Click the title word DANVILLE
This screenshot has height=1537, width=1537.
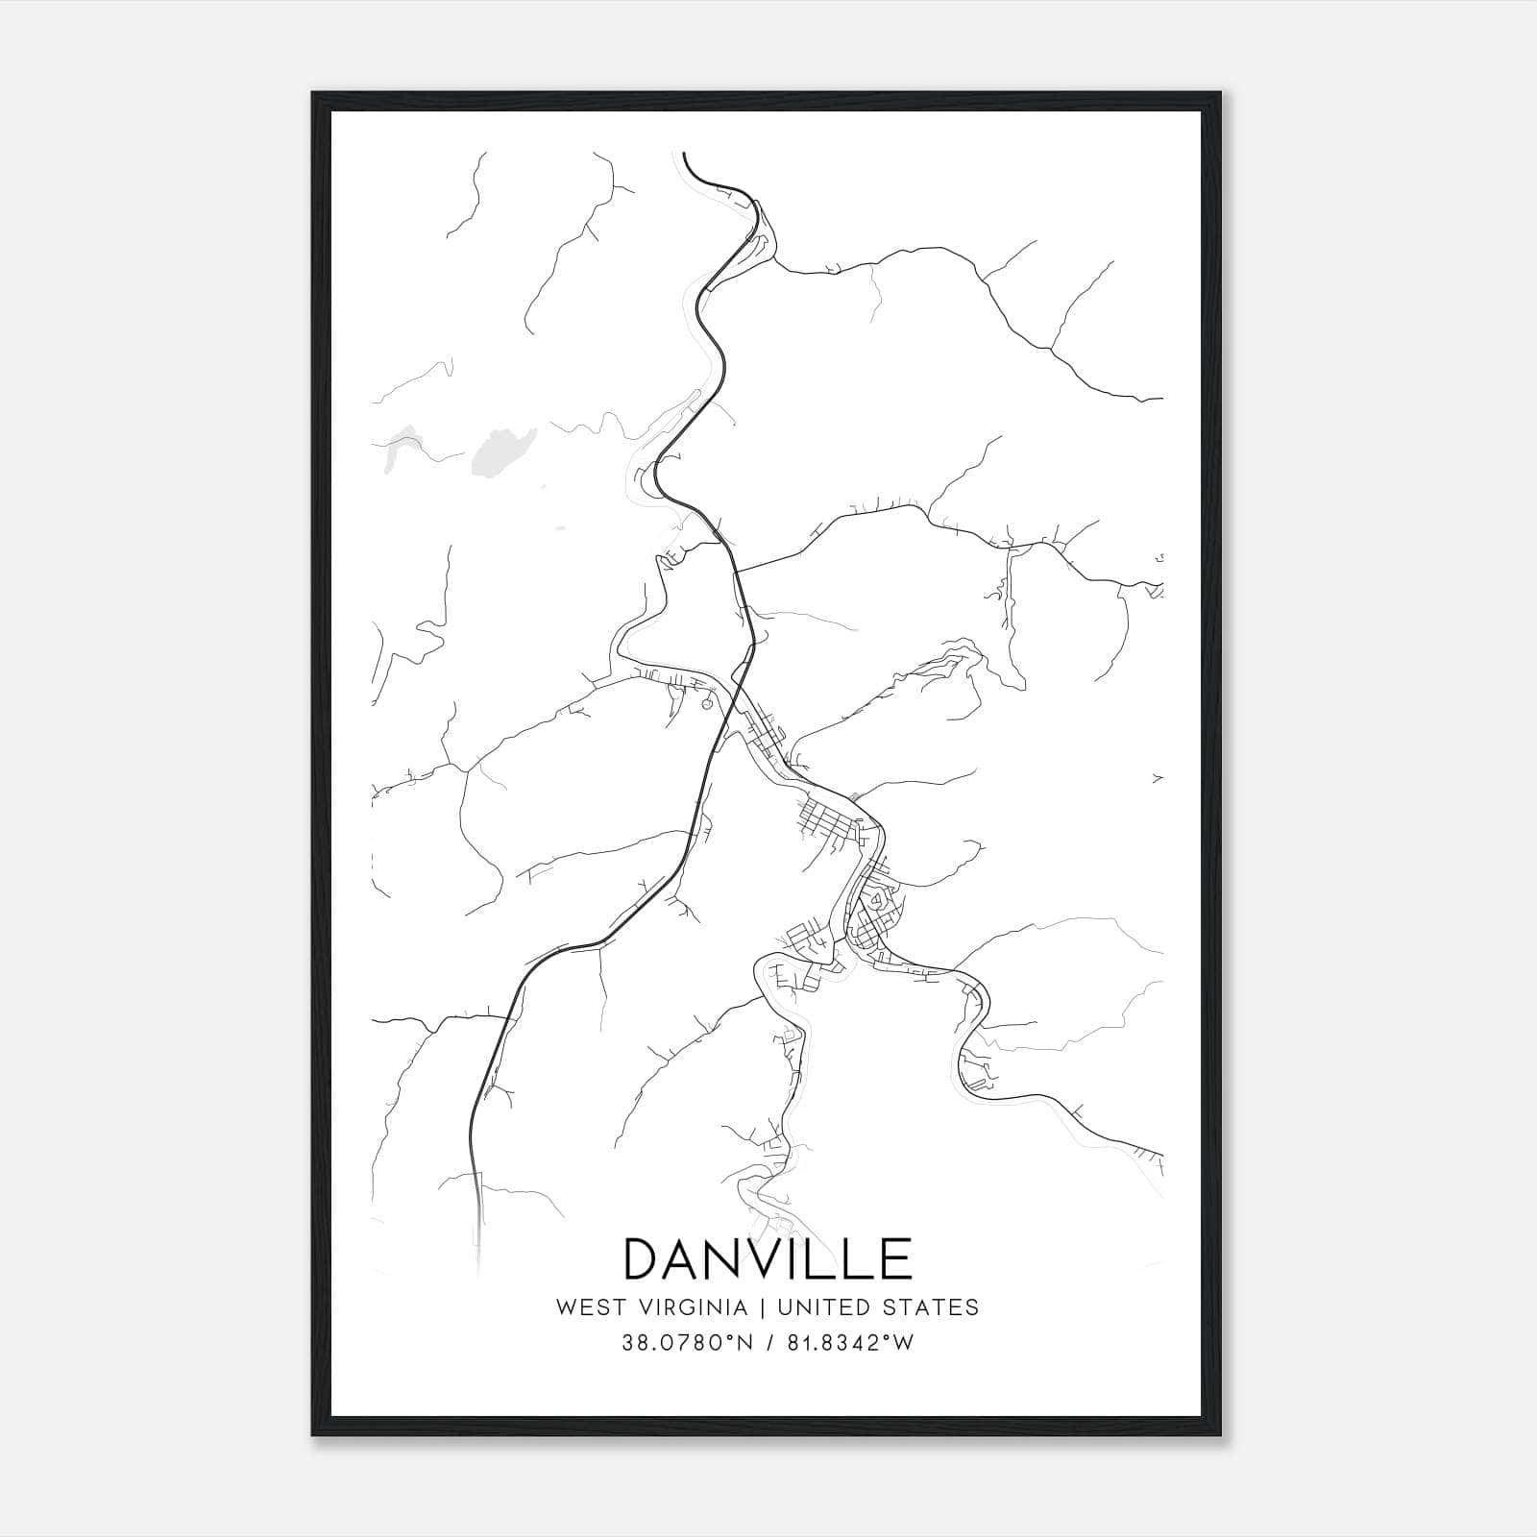[768, 1258]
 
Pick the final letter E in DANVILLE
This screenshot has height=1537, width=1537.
[894, 1258]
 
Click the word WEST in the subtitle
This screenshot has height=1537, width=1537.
[584, 1307]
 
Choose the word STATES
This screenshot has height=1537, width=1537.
[933, 1307]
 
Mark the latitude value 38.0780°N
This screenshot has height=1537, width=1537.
[684, 1343]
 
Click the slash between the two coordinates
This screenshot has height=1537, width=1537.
[769, 1343]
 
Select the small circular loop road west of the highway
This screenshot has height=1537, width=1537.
[708, 704]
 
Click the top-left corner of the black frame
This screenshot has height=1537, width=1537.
[314, 94]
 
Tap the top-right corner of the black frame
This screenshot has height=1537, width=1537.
[1222, 94]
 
